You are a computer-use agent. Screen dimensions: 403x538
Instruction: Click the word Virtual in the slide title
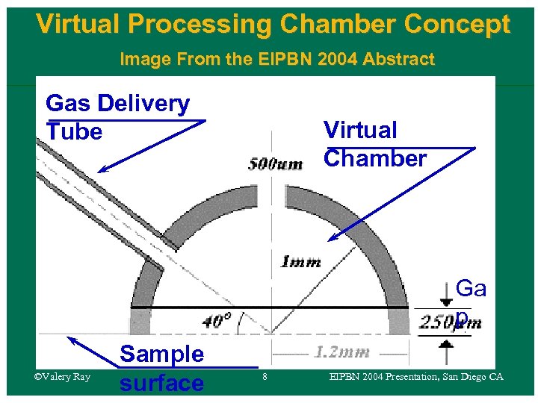[x=78, y=25]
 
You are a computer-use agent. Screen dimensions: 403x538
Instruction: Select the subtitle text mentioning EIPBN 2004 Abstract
[x=276, y=59]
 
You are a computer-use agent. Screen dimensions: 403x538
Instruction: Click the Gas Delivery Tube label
[x=117, y=117]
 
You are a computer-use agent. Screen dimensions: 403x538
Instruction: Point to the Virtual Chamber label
[x=374, y=144]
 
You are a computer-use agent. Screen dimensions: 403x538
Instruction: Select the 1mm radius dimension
[x=300, y=261]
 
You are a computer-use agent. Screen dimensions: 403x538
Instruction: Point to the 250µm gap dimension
[x=449, y=322]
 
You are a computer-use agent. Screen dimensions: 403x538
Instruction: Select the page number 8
[x=265, y=378]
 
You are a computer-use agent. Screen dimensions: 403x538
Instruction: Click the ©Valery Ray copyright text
[x=62, y=377]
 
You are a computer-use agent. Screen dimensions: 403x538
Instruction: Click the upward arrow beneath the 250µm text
[x=446, y=345]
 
